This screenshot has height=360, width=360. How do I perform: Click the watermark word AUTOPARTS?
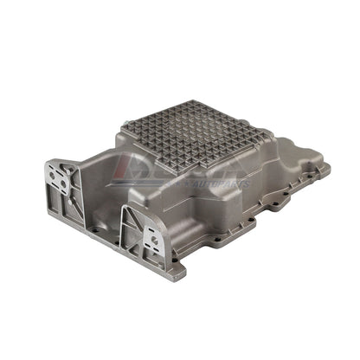(x=225, y=183)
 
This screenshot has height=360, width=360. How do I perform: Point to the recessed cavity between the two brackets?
(x=100, y=186)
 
